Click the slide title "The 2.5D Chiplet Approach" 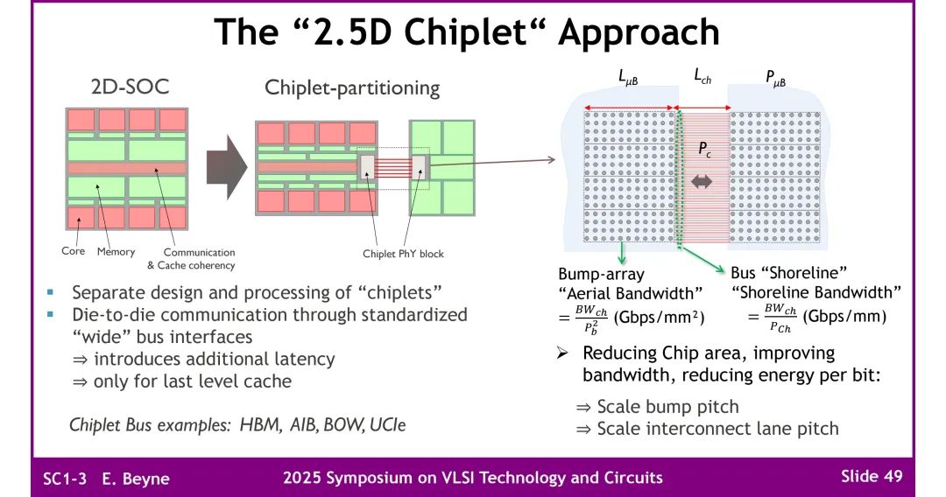(467, 32)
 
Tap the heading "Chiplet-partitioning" (352, 87)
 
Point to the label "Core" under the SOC (73, 252)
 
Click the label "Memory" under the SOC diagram (116, 252)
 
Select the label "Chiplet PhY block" (403, 255)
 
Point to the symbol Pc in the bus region (703, 150)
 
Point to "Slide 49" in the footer (871, 476)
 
